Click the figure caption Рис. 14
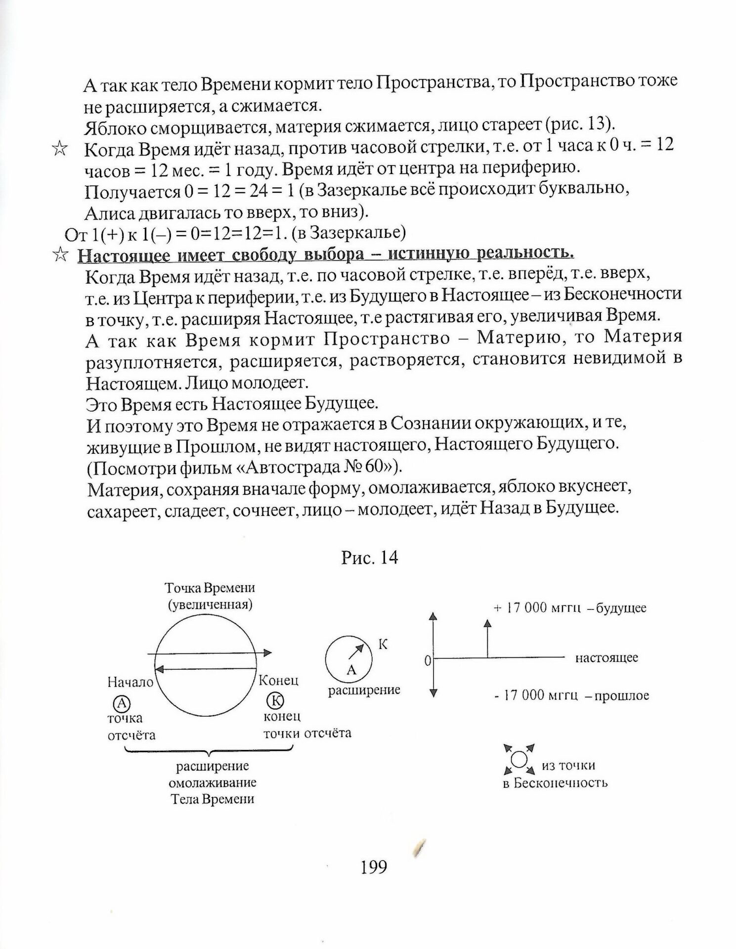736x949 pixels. click(x=370, y=558)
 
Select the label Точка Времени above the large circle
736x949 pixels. click(x=210, y=588)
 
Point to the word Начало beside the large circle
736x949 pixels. click(x=130, y=683)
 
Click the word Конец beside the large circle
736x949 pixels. click(x=279, y=681)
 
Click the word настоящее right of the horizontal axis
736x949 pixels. click(x=606, y=658)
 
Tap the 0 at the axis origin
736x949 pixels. click(x=428, y=660)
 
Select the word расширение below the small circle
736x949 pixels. click(x=364, y=690)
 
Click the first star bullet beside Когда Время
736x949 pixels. click(x=59, y=149)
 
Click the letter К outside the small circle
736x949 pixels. click(x=383, y=644)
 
